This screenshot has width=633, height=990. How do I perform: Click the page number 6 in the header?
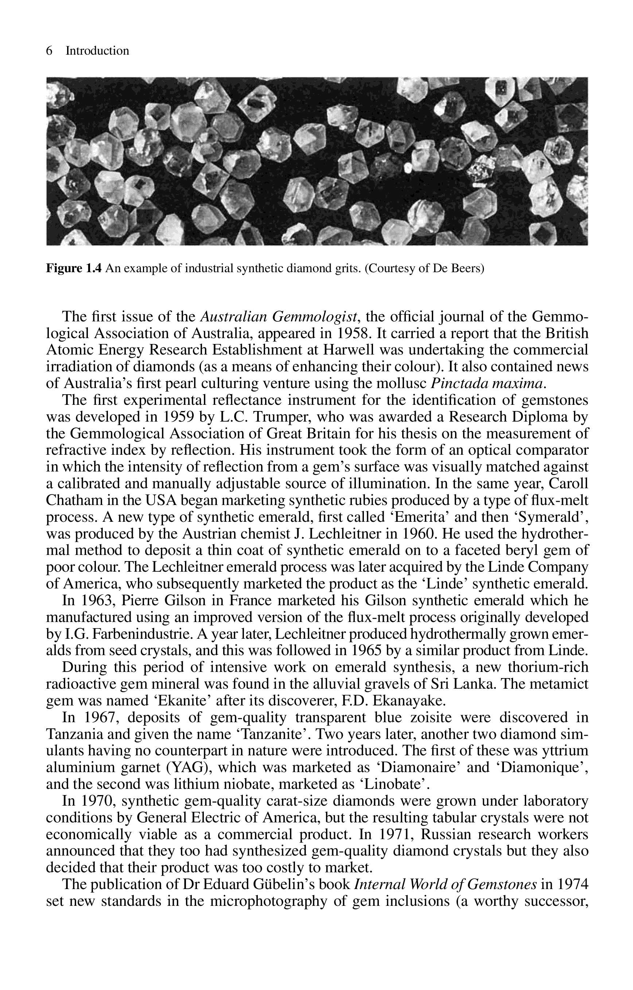click(49, 51)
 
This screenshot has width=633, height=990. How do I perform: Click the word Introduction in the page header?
click(97, 51)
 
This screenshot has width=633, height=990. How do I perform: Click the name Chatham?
click(74, 500)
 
